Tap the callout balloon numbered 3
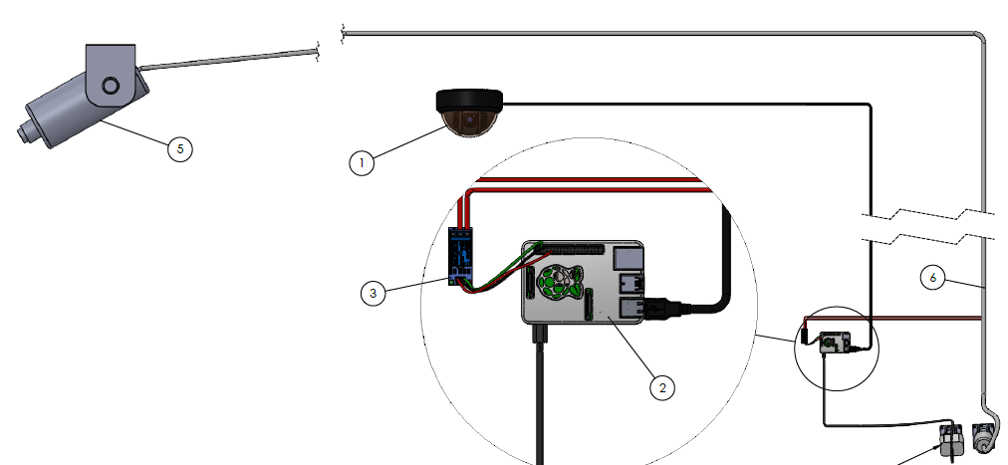(373, 293)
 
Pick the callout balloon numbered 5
(179, 149)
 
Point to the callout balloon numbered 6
(932, 279)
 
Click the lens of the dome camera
(470, 122)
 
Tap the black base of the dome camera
(469, 99)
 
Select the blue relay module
(460, 257)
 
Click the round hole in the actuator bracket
(111, 85)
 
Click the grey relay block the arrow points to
(949, 438)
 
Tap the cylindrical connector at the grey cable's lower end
(984, 434)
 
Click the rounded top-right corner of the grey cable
(980, 38)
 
